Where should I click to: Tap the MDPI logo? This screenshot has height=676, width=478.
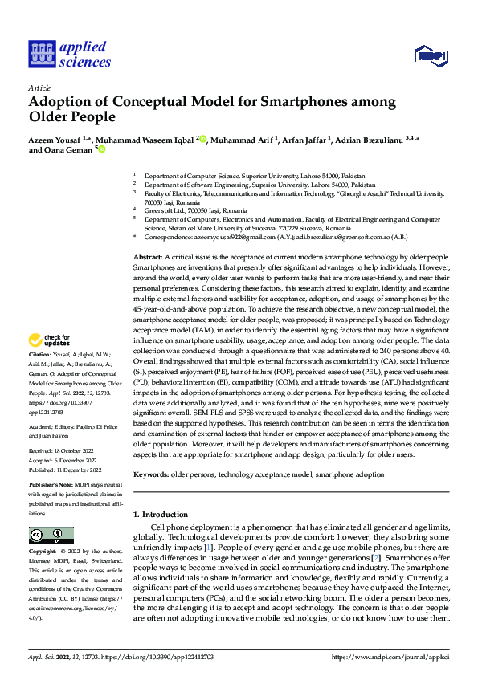(x=430, y=54)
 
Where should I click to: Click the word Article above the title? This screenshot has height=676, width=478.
(x=39, y=88)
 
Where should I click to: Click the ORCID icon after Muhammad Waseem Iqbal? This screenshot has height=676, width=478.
(x=204, y=139)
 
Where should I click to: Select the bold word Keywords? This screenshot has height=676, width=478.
(x=152, y=476)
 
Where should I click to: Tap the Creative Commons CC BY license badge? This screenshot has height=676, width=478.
(x=51, y=536)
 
